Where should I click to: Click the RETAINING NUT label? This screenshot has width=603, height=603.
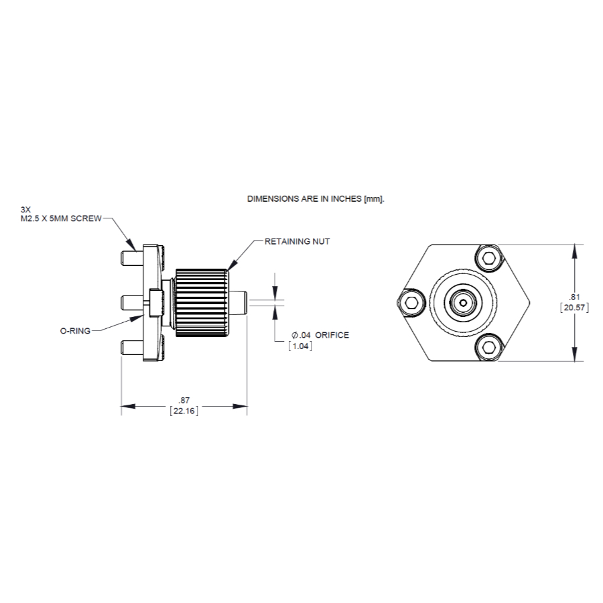pyautogui.click(x=297, y=241)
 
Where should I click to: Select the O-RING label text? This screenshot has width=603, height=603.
pyautogui.click(x=74, y=330)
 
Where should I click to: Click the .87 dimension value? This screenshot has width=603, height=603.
pyautogui.click(x=184, y=399)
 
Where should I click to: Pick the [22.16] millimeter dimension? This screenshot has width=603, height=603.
pyautogui.click(x=184, y=411)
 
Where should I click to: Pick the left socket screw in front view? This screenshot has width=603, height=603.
pyautogui.click(x=411, y=303)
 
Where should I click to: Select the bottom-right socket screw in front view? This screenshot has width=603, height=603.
pyautogui.click(x=490, y=347)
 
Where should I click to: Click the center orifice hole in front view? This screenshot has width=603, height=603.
pyautogui.click(x=462, y=303)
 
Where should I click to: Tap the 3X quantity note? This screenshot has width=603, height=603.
pyautogui.click(x=25, y=209)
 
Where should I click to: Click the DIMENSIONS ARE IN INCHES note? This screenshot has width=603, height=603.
pyautogui.click(x=317, y=199)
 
